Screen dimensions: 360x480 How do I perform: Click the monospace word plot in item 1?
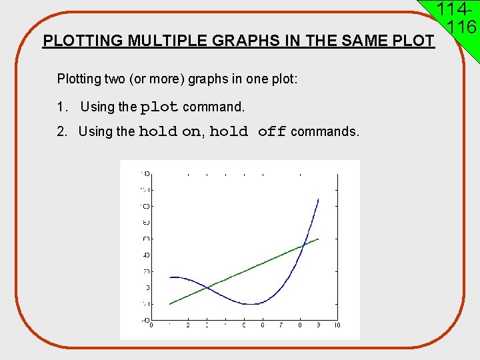(159, 107)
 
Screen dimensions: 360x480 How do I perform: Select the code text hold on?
(170, 131)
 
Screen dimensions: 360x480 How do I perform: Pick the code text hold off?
(248, 131)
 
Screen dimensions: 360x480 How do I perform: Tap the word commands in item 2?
(325, 131)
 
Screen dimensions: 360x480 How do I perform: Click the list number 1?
(62, 107)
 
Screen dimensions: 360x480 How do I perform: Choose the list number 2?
(62, 131)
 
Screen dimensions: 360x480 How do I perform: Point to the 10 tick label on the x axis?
(337, 325)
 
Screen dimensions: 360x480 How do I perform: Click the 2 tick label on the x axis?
(188, 325)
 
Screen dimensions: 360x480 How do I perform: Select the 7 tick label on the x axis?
(281, 325)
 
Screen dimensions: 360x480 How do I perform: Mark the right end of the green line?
(319, 239)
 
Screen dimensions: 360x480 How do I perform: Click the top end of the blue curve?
(318, 199)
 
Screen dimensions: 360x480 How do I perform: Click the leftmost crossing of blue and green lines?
(208, 288)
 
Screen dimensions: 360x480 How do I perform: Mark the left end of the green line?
(170, 304)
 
